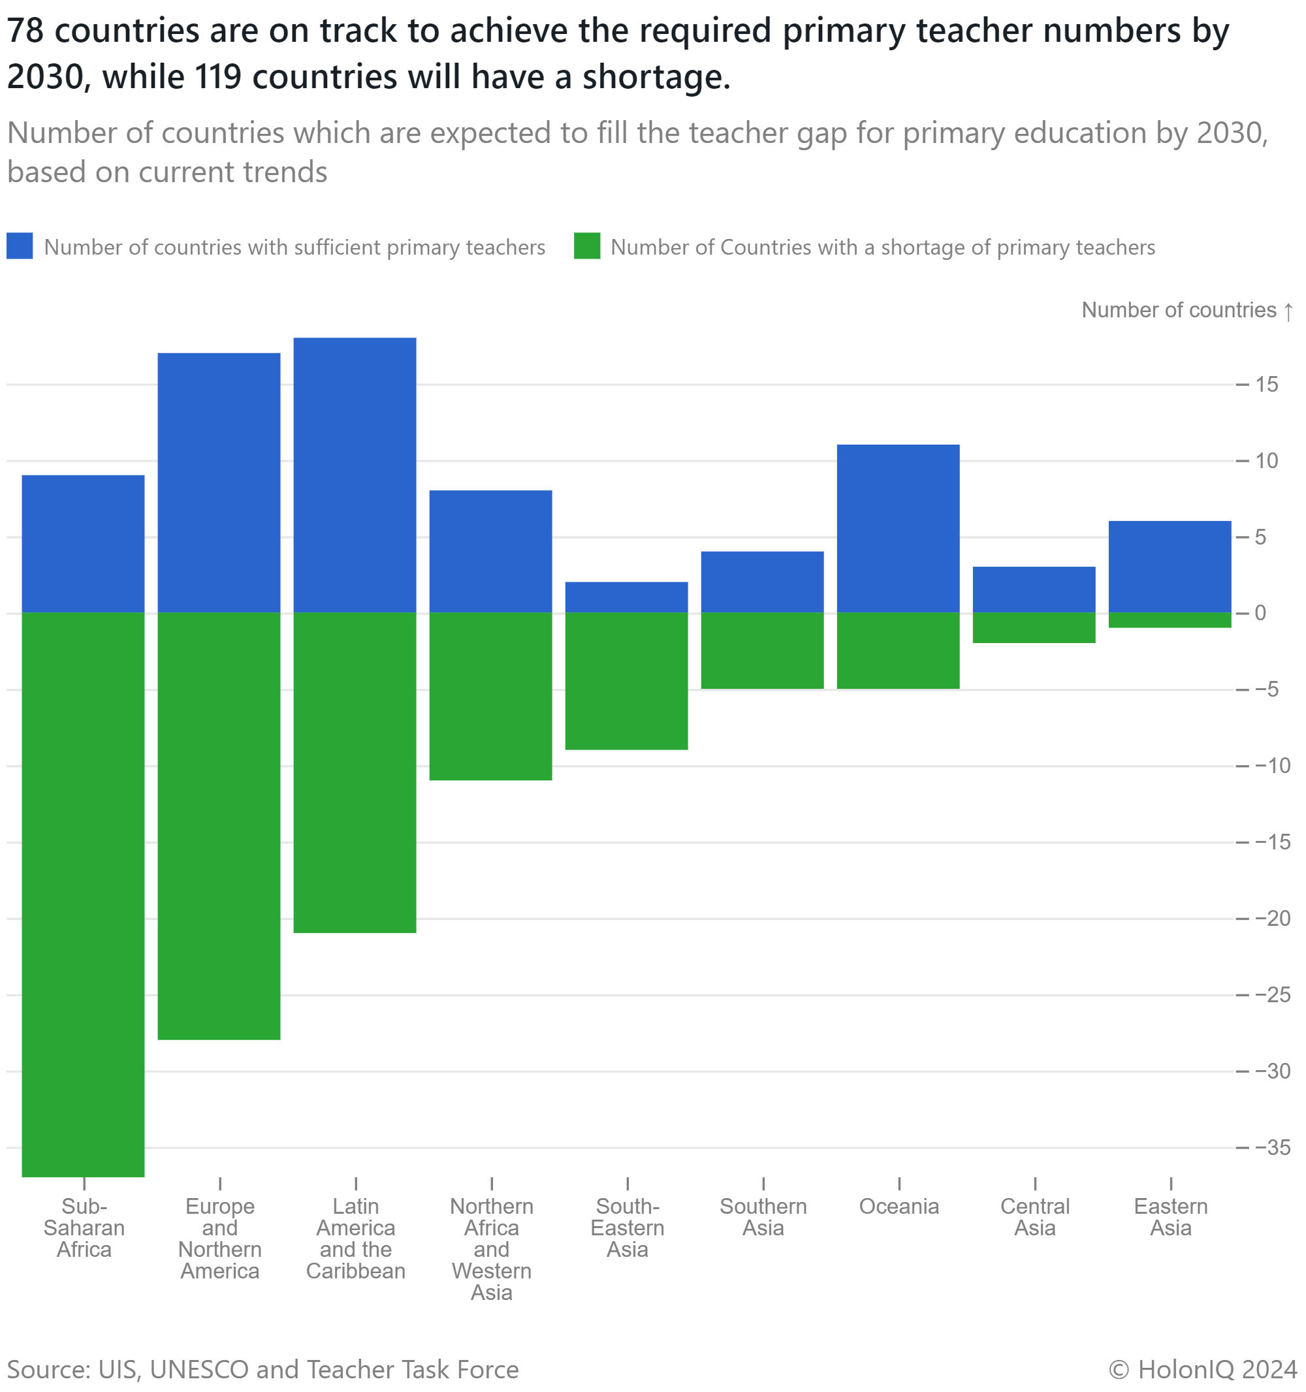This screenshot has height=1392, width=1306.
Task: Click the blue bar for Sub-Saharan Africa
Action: (x=84, y=543)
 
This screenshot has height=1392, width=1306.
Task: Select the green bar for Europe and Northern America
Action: (x=219, y=826)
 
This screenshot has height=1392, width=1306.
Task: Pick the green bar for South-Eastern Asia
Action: (x=627, y=681)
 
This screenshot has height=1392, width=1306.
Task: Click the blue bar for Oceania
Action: (x=899, y=529)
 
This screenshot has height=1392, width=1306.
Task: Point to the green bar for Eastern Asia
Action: (x=1170, y=620)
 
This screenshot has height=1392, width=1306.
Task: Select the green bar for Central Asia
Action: (x=1034, y=628)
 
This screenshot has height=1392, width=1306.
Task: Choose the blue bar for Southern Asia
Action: (x=763, y=582)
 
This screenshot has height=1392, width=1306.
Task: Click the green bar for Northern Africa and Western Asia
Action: (x=491, y=697)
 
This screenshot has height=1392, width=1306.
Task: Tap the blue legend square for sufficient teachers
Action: (x=20, y=246)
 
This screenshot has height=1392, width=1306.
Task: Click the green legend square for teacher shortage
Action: (x=587, y=246)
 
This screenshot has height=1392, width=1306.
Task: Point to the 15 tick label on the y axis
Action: (x=1267, y=385)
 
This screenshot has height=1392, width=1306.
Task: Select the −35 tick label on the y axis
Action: (x=1273, y=1148)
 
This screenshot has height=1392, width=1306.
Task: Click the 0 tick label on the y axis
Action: (x=1260, y=613)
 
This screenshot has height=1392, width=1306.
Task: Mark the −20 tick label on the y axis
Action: (x=1273, y=919)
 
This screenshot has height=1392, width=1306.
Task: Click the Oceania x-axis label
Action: (x=899, y=1207)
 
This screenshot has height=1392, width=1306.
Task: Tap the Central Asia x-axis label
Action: (x=1034, y=1217)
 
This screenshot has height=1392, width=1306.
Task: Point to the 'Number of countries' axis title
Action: (x=1179, y=310)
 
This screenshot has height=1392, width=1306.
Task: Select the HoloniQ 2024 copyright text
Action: (x=1202, y=1370)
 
